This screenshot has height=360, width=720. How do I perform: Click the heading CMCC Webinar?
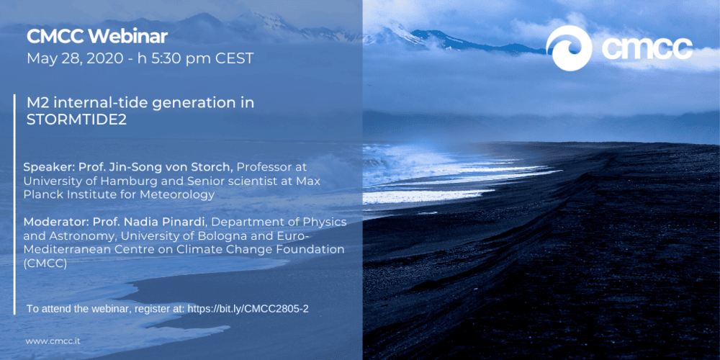click(x=97, y=36)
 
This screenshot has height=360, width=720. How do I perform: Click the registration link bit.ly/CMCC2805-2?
click(x=248, y=309)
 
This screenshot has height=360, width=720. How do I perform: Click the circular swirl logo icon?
click(x=570, y=48)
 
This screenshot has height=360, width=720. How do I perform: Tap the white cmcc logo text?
click(x=647, y=49)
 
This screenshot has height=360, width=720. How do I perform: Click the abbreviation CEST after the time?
click(x=236, y=59)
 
